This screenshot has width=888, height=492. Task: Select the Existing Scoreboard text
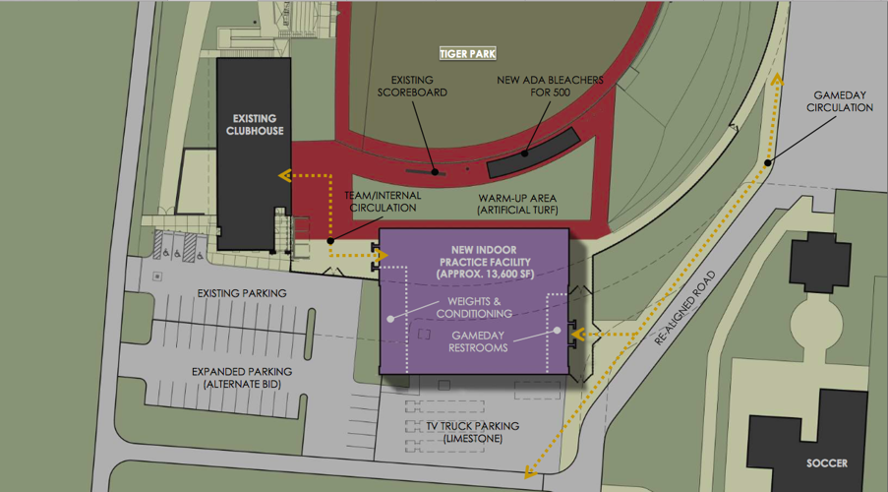pyautogui.click(x=413, y=87)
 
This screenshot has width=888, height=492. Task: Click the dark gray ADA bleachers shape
pyautogui.click(x=529, y=154)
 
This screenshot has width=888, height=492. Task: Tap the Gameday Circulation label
pyautogui.click(x=842, y=101)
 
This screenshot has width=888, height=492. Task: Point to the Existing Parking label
pyautogui.click(x=242, y=292)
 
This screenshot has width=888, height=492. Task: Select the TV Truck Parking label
pyautogui.click(x=473, y=431)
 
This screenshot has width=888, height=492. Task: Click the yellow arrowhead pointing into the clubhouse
pyautogui.click(x=285, y=176)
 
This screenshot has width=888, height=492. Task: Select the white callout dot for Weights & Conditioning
pyautogui.click(x=390, y=319)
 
